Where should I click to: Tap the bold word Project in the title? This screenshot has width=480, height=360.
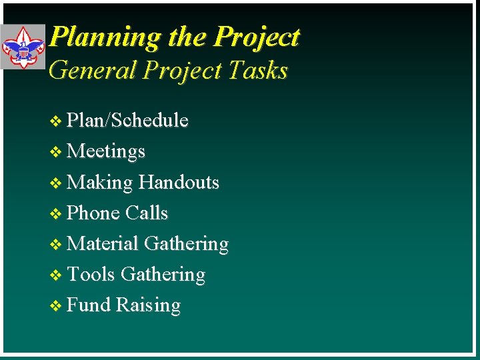click(257, 37)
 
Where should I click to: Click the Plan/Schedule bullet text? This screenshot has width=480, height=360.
click(128, 120)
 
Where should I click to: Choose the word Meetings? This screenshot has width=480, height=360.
click(106, 151)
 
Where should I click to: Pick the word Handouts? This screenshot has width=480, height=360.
click(179, 182)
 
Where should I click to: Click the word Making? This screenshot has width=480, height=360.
click(101, 183)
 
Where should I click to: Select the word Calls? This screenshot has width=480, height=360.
click(147, 213)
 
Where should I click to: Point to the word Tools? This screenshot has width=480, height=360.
click(91, 274)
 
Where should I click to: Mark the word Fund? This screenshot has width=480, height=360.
click(89, 305)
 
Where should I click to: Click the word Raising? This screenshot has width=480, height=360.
click(148, 305)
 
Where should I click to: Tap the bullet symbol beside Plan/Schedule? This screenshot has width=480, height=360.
click(57, 121)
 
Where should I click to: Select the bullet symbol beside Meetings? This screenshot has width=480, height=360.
click(57, 152)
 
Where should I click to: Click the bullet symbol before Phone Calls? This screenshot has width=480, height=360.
click(57, 213)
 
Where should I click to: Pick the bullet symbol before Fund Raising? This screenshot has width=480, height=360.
click(57, 305)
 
